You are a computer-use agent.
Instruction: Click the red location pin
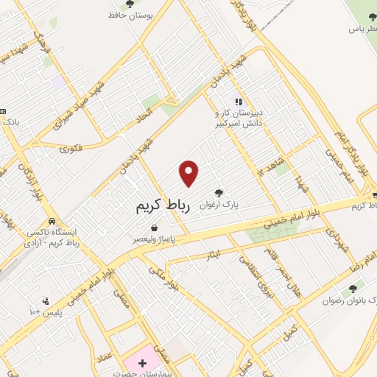[x=189, y=173]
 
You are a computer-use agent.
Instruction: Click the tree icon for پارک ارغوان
[x=219, y=193]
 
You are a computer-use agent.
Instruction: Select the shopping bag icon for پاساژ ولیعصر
[x=153, y=228]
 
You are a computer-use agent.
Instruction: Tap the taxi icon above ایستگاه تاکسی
[x=52, y=220]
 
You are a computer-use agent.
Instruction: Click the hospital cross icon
[x=142, y=364]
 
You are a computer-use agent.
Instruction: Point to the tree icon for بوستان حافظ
[x=130, y=4]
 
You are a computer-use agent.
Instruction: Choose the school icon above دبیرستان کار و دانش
[x=238, y=102]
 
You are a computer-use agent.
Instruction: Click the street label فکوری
[x=72, y=148]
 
